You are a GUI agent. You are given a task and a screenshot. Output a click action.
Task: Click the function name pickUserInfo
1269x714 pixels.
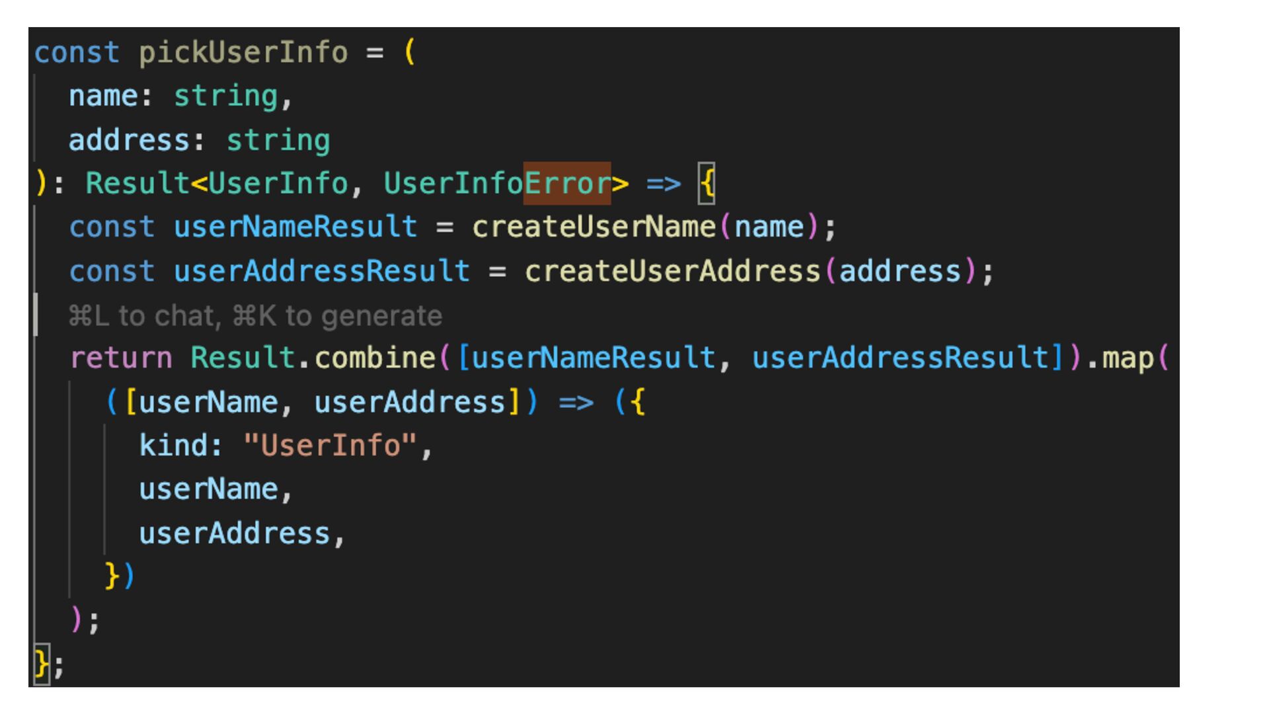tap(243, 53)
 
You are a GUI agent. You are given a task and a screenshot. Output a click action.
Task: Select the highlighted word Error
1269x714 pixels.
tap(567, 183)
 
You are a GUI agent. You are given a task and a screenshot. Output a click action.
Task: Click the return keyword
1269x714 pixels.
tap(121, 358)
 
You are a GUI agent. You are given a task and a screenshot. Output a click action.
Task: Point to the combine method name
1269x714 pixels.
tap(375, 358)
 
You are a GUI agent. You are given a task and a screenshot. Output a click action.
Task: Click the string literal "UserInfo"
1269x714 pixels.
tap(330, 446)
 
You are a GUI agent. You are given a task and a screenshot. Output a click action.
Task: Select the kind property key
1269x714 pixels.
tap(173, 446)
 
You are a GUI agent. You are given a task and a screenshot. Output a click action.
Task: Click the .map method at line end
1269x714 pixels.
tap(1128, 358)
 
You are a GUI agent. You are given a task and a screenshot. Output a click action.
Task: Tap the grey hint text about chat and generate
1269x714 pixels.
tap(255, 316)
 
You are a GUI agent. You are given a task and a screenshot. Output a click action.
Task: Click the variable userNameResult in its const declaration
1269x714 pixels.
tap(295, 227)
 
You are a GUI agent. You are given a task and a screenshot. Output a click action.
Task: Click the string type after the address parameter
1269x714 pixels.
tap(278, 140)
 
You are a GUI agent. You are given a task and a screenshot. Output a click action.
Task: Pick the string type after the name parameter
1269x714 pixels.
tap(225, 97)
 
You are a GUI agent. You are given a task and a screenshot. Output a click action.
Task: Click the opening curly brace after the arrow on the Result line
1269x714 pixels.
tap(707, 183)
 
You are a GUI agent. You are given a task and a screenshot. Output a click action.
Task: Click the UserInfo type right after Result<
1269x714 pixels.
tap(278, 183)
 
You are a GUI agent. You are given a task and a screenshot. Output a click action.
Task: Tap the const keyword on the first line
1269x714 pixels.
tap(77, 53)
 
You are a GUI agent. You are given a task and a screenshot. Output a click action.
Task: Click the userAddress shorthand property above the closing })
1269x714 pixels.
tap(234, 534)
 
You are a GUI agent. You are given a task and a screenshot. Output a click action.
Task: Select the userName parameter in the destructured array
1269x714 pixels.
tap(208, 402)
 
